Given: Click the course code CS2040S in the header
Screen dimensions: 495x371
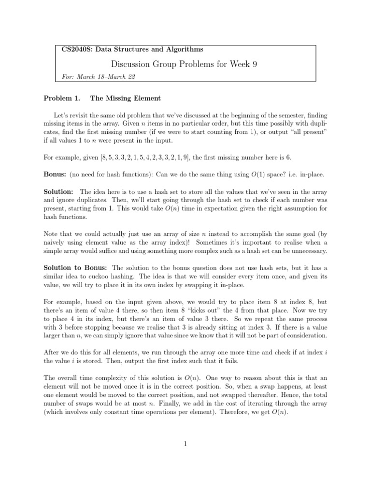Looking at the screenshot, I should [75, 49].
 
